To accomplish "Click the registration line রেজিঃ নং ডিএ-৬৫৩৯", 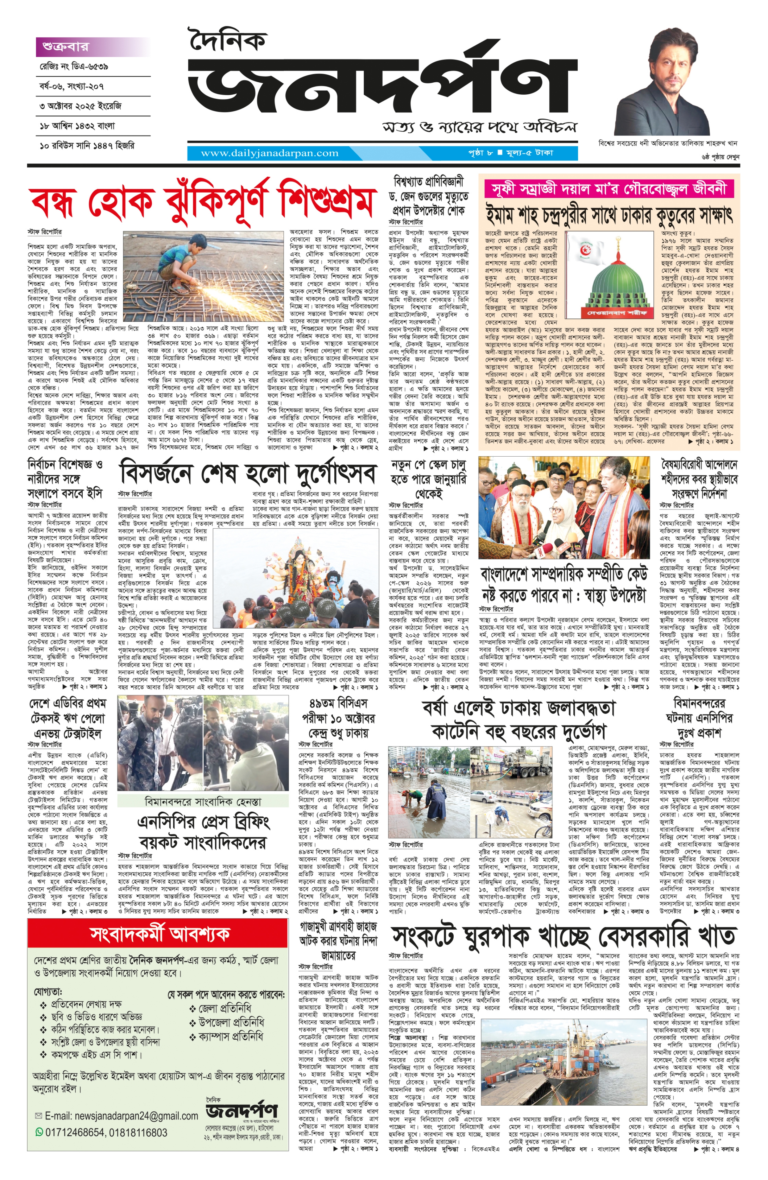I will coord(74,67).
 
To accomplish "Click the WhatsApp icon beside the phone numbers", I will coord(39,1132).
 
